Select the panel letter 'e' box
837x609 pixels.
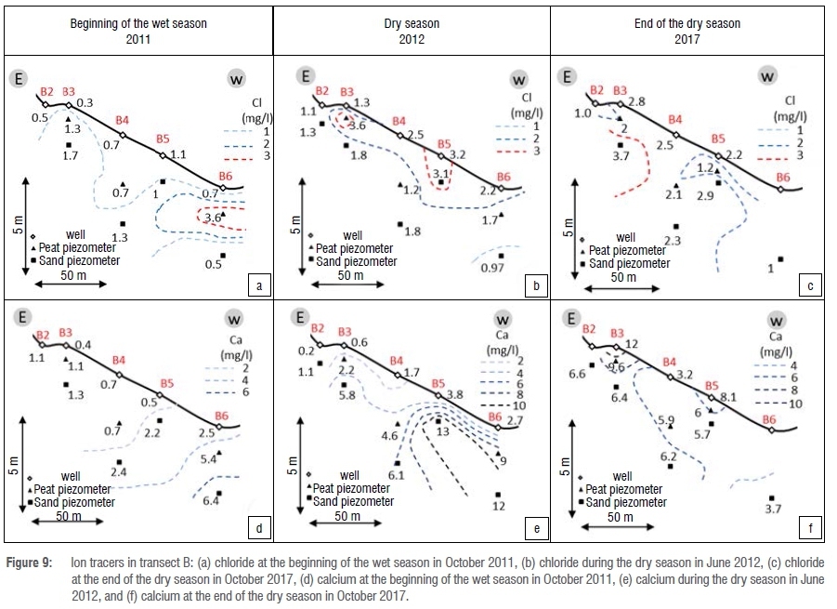[536, 530]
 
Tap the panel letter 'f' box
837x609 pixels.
[811, 530]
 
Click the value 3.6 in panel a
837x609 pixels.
[212, 218]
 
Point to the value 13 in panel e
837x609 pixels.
[442, 431]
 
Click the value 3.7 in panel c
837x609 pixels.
[621, 158]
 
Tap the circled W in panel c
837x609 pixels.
[768, 76]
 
